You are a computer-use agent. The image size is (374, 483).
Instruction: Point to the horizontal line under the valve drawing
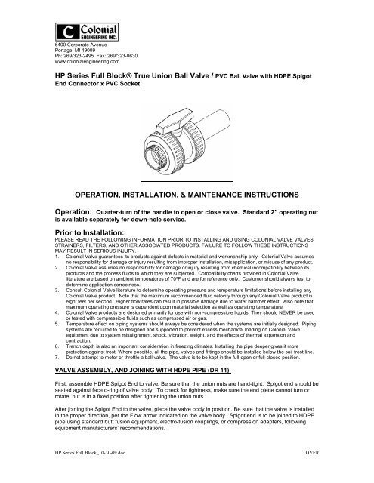click(187, 182)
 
